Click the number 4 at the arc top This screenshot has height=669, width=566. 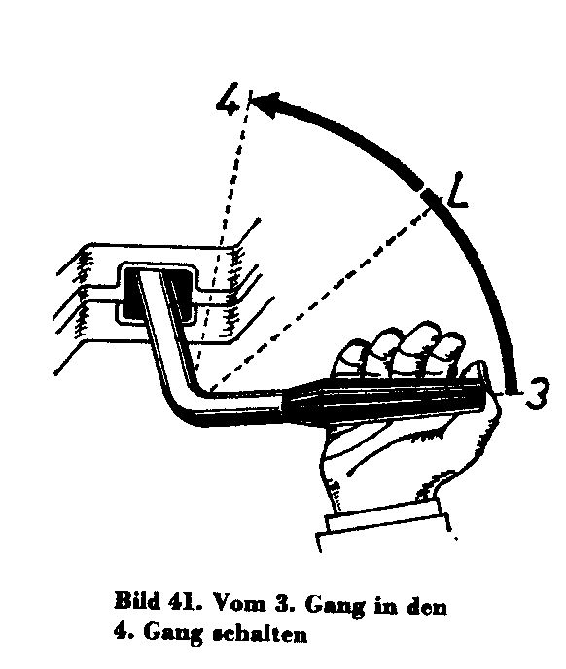coord(229,99)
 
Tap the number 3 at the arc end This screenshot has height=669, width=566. coord(537,393)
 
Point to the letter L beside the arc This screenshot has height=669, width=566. coord(457,191)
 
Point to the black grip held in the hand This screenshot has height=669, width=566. coord(384,400)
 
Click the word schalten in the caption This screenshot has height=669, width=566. coord(260,633)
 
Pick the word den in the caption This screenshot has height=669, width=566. coord(426,606)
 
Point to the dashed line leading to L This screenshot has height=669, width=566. coord(320,298)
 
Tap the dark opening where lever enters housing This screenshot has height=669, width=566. coord(158,295)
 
